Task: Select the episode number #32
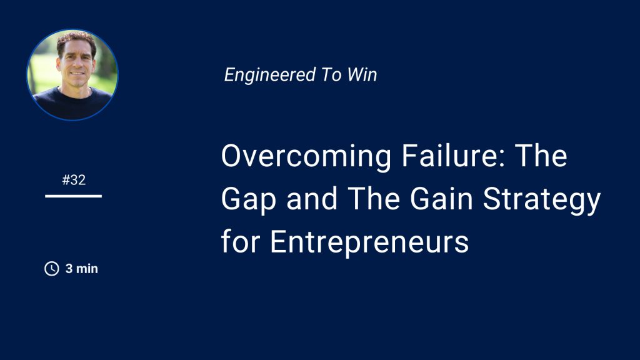point(74,181)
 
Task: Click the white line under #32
point(74,196)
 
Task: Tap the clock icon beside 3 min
point(51,269)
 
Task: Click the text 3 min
point(82,269)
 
